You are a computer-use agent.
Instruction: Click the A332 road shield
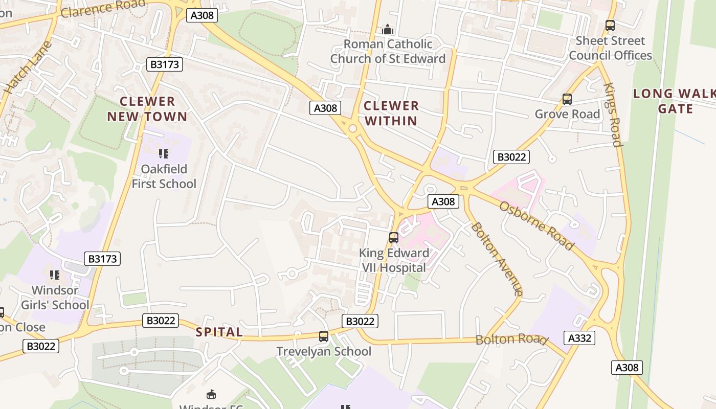579,338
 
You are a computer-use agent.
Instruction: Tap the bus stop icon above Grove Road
567,99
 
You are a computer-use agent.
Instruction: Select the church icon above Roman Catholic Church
388,29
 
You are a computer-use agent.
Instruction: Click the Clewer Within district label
391,113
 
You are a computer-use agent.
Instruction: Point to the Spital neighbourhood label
219,332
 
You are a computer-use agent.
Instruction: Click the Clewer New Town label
147,109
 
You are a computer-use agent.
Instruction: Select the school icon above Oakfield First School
164,153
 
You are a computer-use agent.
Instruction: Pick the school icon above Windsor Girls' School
55,275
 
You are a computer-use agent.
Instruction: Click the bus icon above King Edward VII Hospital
393,238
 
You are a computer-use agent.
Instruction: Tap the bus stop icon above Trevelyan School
323,336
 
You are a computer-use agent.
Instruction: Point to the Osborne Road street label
536,225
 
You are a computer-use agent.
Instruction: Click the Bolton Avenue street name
497,259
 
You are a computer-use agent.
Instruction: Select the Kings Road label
612,115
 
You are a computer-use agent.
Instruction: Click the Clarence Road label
102,9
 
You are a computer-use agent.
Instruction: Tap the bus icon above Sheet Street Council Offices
610,26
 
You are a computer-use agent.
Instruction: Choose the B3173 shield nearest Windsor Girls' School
103,259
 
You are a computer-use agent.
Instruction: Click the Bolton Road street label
511,339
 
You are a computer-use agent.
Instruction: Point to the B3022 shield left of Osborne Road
511,157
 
